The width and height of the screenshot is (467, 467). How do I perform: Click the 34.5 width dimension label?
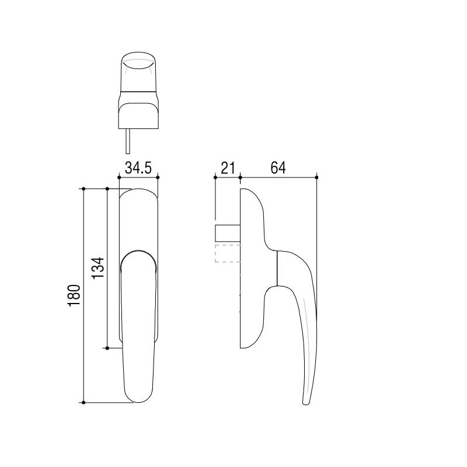[138, 168]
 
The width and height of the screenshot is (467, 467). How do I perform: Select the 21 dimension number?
[228, 168]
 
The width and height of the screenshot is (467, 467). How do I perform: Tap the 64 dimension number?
[278, 168]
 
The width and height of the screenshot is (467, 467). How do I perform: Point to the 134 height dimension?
[98, 268]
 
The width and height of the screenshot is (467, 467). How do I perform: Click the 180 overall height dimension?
[74, 296]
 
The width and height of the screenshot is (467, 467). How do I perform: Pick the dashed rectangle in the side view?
[228, 253]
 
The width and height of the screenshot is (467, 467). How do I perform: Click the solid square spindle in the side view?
[228, 233]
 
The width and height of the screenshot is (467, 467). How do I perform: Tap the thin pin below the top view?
[128, 141]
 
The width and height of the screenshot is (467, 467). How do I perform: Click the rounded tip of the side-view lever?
[306, 402]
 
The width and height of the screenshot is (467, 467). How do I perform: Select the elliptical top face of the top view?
[138, 61]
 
